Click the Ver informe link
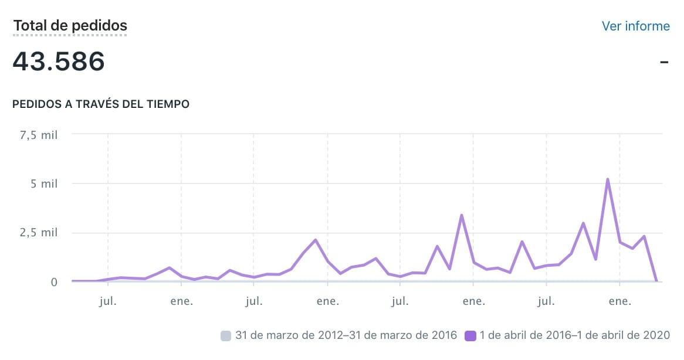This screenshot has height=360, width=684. [635, 26]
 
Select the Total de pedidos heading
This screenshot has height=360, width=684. [70, 26]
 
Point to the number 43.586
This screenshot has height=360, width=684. [59, 61]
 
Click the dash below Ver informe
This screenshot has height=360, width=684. [664, 62]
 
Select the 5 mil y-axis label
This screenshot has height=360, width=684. [45, 184]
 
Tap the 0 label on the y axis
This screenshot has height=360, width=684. [54, 282]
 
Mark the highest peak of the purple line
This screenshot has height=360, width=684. [608, 179]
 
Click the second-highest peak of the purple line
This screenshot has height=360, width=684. [462, 215]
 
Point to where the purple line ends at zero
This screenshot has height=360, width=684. [656, 281]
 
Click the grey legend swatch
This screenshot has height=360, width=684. [226, 336]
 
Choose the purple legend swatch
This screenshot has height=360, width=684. [470, 336]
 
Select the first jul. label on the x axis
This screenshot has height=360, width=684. [108, 302]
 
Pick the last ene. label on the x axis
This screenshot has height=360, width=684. [620, 302]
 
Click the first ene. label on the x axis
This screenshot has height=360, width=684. [181, 302]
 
